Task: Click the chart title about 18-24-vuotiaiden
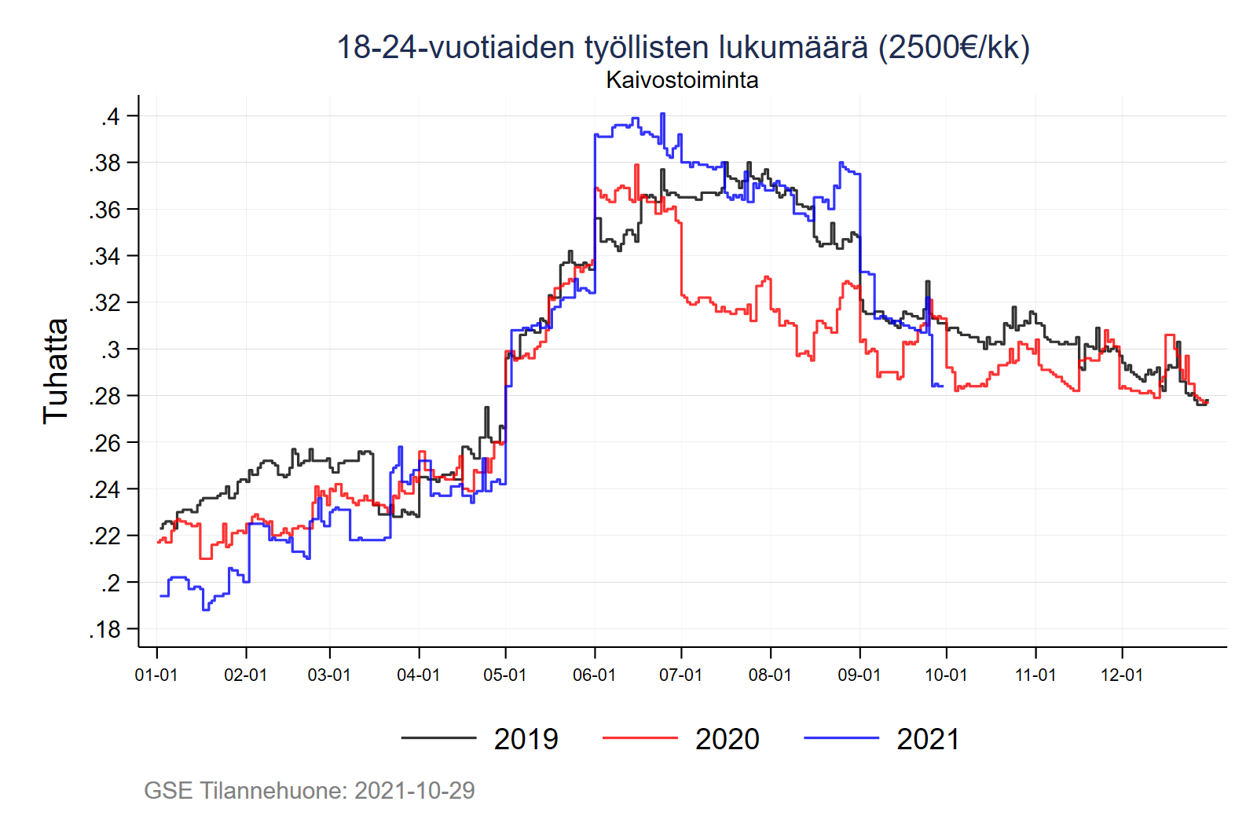pyautogui.click(x=683, y=47)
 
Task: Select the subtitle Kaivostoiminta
pyautogui.click(x=682, y=80)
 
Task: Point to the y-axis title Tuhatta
pyautogui.click(x=56, y=371)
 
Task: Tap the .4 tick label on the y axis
pyautogui.click(x=110, y=116)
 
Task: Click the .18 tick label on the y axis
pyautogui.click(x=104, y=629)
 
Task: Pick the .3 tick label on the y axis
pyautogui.click(x=110, y=349)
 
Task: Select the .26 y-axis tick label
pyautogui.click(x=104, y=443)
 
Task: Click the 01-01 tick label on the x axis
pyautogui.click(x=156, y=675)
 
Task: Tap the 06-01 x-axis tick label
pyautogui.click(x=594, y=675)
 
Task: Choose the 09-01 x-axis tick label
pyautogui.click(x=859, y=675)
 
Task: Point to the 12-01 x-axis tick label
pyautogui.click(x=1122, y=675)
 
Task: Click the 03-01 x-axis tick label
pyautogui.click(x=329, y=675)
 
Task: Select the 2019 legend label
pyautogui.click(x=526, y=739)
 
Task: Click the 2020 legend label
pyautogui.click(x=727, y=739)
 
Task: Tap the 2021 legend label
pyautogui.click(x=928, y=739)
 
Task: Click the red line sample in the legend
pyautogui.click(x=639, y=738)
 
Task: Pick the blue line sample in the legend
pyautogui.click(x=841, y=738)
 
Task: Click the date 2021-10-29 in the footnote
pyautogui.click(x=414, y=790)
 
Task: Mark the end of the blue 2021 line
pyautogui.click(x=943, y=386)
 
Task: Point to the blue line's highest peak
pyautogui.click(x=662, y=114)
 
